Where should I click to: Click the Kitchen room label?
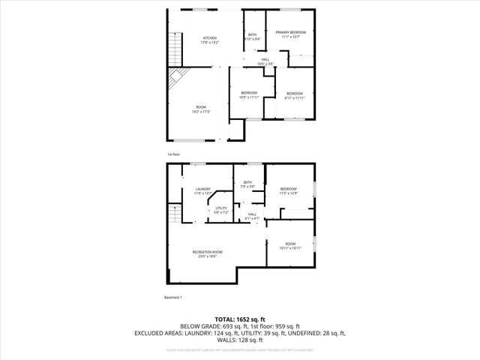tap(209, 40)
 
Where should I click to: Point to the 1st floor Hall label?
tap(265, 61)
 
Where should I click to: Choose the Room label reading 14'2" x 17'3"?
tap(201, 109)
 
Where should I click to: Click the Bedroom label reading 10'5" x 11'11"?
tap(250, 94)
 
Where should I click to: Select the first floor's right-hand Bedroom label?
tap(295, 95)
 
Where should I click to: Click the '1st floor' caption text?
tap(174, 154)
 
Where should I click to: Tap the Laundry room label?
tap(203, 190)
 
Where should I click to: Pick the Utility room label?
tap(221, 211)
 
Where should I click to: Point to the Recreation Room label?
tap(207, 253)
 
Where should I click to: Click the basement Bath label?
tap(247, 184)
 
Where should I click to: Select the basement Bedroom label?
tap(289, 190)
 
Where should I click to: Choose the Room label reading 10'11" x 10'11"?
tap(291, 245)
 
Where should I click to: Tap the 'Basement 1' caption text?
tap(173, 298)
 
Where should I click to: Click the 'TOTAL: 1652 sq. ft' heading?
tap(240, 319)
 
